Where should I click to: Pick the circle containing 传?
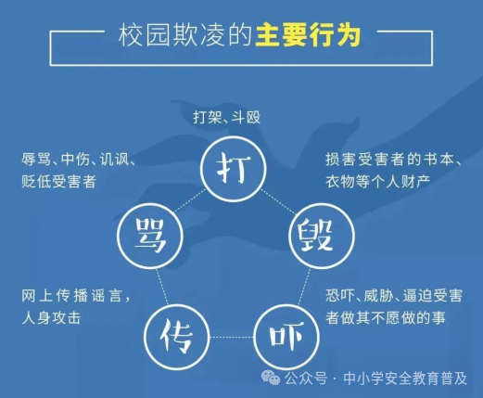(x=174, y=332)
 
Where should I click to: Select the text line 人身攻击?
(x=51, y=317)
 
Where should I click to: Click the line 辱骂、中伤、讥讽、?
(x=80, y=160)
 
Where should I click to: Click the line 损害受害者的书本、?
(x=394, y=159)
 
